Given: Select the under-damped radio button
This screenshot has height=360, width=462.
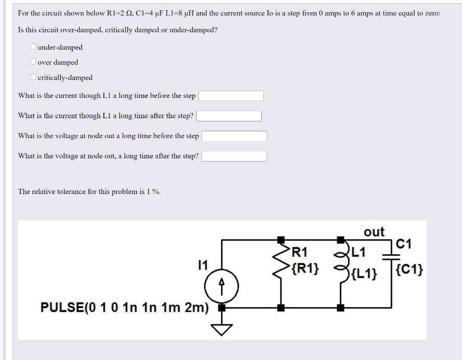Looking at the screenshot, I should click(33, 47).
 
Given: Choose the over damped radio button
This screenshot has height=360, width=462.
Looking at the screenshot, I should click(33, 62).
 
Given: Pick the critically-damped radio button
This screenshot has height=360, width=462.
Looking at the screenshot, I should click(33, 77).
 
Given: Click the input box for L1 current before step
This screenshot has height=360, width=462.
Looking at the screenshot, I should click(231, 96).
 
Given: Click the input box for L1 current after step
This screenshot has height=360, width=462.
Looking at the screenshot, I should click(229, 116).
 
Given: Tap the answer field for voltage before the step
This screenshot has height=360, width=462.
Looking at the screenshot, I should click(234, 136).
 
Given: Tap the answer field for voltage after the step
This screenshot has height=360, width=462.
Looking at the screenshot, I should click(234, 156).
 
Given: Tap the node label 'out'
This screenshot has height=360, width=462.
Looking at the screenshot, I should click(374, 232).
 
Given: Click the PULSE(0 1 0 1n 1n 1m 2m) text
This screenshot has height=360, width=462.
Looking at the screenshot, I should click(125, 308).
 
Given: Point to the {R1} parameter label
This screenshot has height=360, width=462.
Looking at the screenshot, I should click(305, 269).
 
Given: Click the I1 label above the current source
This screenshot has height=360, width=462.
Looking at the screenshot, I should click(203, 265).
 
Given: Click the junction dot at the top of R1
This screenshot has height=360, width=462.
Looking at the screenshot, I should click(281, 239).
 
